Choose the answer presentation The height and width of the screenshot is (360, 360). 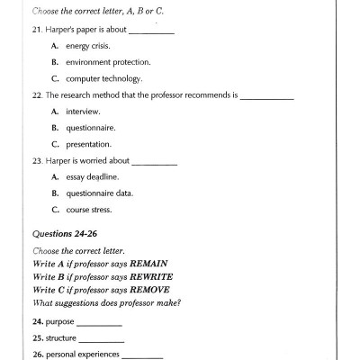tap(88, 143)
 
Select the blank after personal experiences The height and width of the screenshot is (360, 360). tap(141, 355)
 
